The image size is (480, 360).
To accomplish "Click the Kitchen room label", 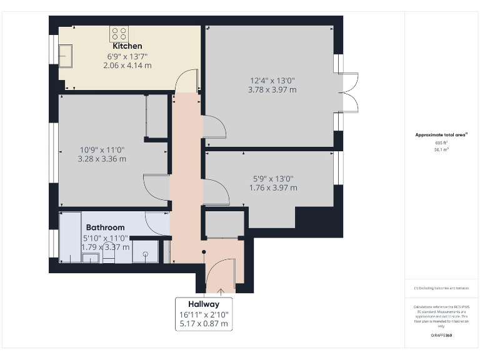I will pyautogui.click(x=127, y=46).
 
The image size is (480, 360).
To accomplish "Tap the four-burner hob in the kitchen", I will pyautogui.click(x=119, y=33).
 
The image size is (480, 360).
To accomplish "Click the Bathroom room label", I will pyautogui.click(x=105, y=227).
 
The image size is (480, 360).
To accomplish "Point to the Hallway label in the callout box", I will pyautogui.click(x=204, y=304).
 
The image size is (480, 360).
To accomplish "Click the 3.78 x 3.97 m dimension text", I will pyautogui.click(x=272, y=89).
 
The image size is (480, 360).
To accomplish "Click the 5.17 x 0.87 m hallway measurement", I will pyautogui.click(x=204, y=324).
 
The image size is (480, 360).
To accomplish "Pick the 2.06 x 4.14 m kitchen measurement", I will pyautogui.click(x=127, y=65).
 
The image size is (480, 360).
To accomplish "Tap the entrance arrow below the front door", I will pyautogui.click(x=221, y=290).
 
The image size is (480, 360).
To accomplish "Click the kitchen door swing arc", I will pyautogui.click(x=186, y=81).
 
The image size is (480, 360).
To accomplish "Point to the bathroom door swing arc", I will pyautogui.click(x=156, y=222).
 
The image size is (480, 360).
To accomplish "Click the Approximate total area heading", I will pyautogui.click(x=441, y=135).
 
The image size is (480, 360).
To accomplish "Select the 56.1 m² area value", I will pyautogui.click(x=441, y=150).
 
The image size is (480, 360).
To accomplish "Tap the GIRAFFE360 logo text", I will pyautogui.click(x=441, y=336).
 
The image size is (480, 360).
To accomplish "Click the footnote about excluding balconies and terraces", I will pyautogui.click(x=441, y=288).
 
